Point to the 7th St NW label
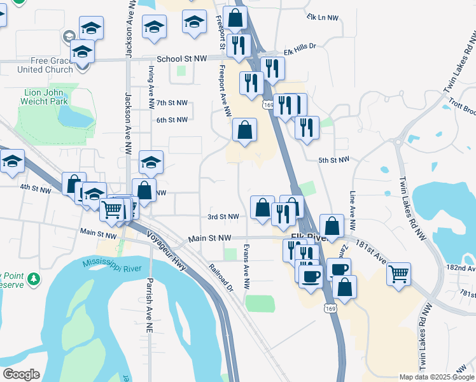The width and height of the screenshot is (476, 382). coord(172,103)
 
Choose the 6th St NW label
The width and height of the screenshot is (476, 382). coord(172,120)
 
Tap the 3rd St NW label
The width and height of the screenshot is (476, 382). coord(223,216)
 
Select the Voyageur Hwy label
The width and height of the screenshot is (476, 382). coord(166,251)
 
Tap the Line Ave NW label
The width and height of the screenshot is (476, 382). coord(351,210)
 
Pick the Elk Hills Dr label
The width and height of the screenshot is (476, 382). coord(300,48)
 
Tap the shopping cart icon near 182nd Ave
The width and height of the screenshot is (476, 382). coord(398,275)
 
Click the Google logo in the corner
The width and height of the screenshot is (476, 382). coord(21,374)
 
